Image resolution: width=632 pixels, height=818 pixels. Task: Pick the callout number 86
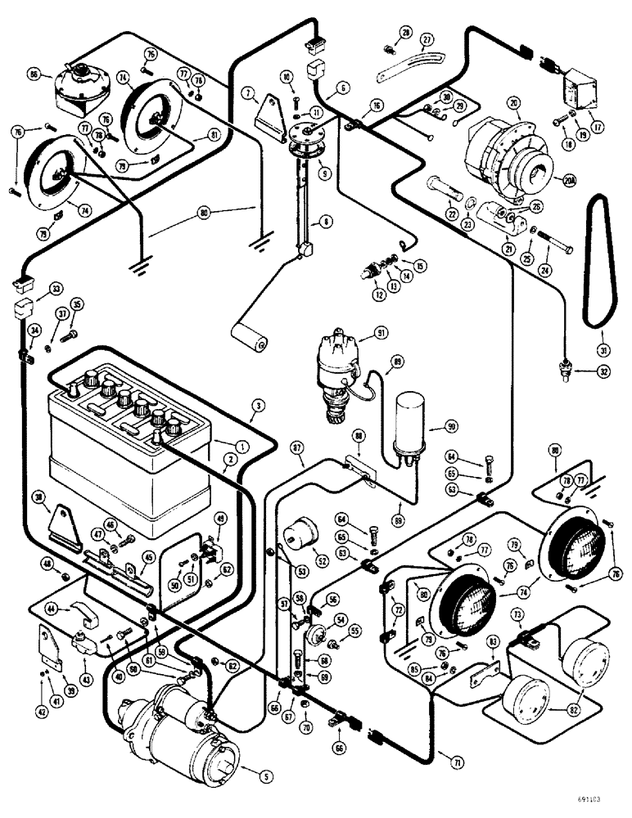[x=34, y=74]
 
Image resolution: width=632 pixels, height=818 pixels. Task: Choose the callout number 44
[x=51, y=609]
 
